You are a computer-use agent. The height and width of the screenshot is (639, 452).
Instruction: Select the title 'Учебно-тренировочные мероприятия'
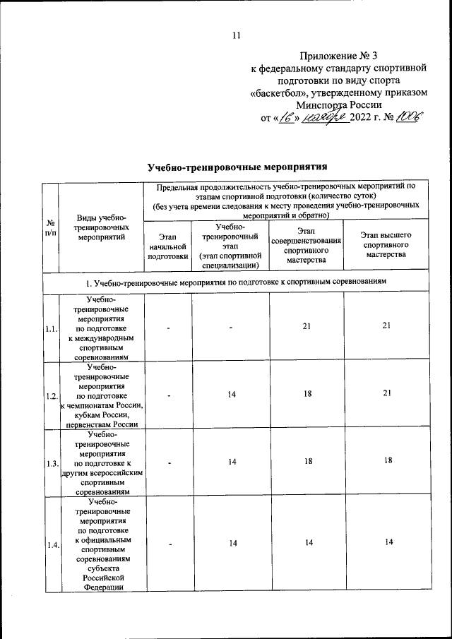(237, 167)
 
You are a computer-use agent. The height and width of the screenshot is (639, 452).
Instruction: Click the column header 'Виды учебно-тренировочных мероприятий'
(101, 227)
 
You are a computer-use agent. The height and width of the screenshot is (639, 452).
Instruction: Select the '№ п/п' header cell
(50, 227)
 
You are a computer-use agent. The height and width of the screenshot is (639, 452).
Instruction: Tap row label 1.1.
(51, 329)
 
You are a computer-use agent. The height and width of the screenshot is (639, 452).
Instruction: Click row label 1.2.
(51, 396)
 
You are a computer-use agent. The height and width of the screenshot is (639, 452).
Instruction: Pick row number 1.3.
(51, 463)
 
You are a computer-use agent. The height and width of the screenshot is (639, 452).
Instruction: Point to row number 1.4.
(51, 545)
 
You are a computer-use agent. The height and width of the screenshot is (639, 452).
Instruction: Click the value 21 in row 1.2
(386, 394)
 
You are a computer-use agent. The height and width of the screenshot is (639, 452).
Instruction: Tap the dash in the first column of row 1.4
(168, 544)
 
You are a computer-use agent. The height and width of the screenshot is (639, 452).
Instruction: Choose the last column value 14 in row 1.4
(386, 542)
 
